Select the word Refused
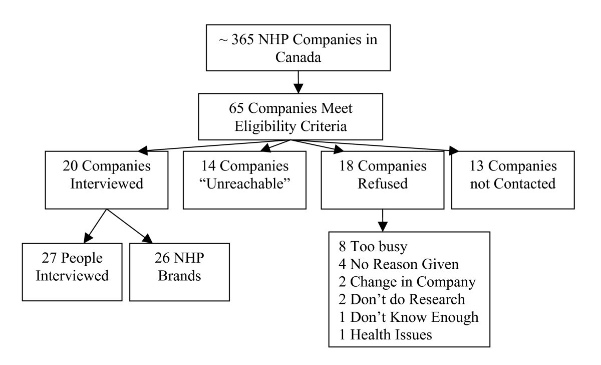pyautogui.click(x=382, y=184)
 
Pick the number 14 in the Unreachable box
pyautogui.click(x=207, y=165)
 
